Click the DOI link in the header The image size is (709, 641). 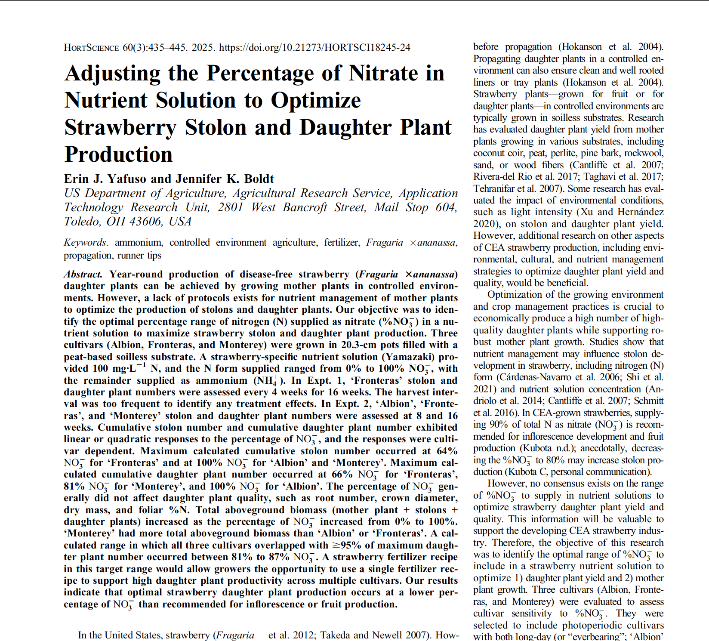314,47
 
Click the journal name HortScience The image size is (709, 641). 91,47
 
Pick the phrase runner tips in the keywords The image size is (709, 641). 139,256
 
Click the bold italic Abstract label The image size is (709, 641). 83,274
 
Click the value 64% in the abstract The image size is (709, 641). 447,451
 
